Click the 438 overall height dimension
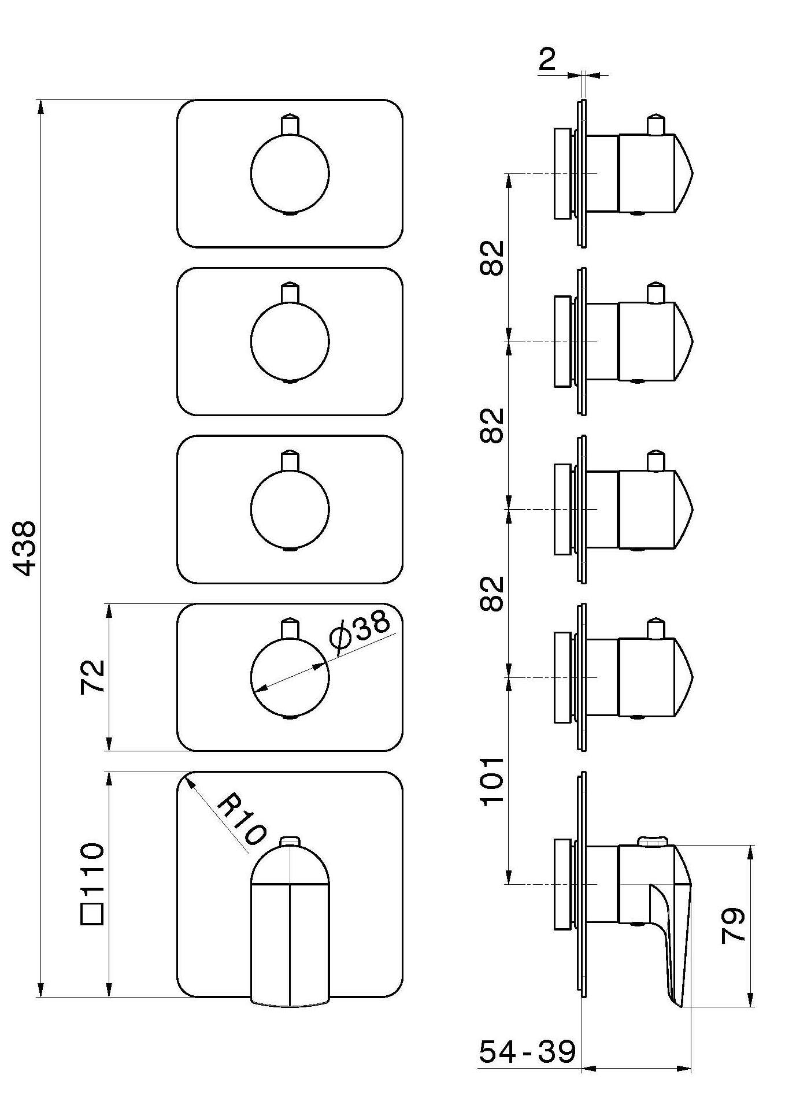[x=26, y=548]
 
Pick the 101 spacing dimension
[x=493, y=781]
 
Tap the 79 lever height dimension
[x=734, y=925]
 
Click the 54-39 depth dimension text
[x=527, y=1051]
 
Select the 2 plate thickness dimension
[x=547, y=59]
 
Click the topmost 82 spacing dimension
[x=493, y=257]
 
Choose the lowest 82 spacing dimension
[x=493, y=594]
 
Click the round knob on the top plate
[x=290, y=174]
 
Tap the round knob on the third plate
[x=290, y=510]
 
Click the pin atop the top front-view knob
[x=290, y=124]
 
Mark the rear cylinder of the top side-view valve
[x=562, y=174]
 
